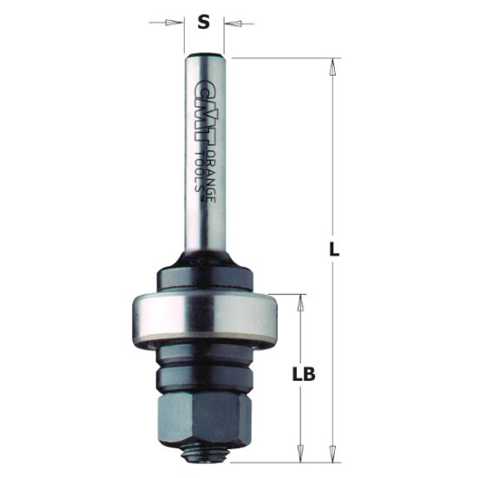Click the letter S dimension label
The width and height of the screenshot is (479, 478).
(204, 23)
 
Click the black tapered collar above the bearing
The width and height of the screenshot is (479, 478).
(205, 269)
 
